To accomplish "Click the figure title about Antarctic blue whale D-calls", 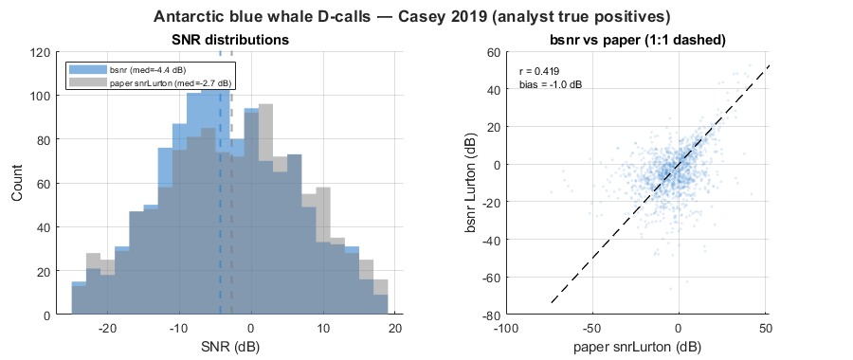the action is click(x=411, y=17).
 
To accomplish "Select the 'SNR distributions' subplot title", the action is click(x=230, y=40).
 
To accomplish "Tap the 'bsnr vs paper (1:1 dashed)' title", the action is click(x=636, y=40).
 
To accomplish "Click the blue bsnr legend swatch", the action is click(x=87, y=69).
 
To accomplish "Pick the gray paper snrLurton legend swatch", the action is click(x=87, y=83).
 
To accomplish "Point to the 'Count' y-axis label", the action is click(x=17, y=183).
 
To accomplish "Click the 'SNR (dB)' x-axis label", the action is click(x=230, y=346).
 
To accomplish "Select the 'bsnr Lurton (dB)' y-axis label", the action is click(x=472, y=183).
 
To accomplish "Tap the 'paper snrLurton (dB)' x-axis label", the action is click(x=636, y=346).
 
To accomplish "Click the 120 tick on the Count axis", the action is click(x=42, y=53).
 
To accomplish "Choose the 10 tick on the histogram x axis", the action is click(x=323, y=329).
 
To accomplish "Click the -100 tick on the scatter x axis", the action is click(x=505, y=329).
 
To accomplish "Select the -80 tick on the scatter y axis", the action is click(x=492, y=315).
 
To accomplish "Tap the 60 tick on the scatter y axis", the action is click(x=495, y=53).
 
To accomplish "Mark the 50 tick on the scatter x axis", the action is click(x=765, y=329).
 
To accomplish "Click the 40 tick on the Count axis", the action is click(x=45, y=227).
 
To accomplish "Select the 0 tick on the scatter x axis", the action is click(x=679, y=329).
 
